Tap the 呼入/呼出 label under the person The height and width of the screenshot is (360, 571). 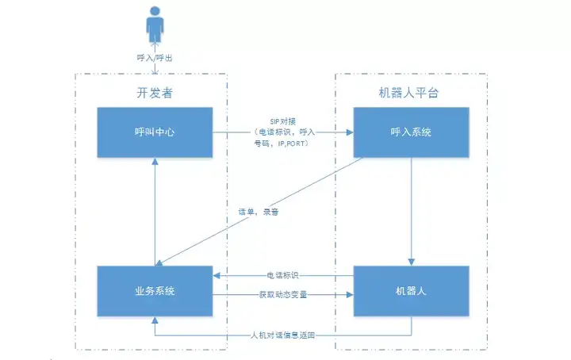point(155,59)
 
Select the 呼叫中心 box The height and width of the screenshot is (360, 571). point(155,132)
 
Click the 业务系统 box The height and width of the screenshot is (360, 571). point(155,291)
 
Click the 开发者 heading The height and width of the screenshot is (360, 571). point(155,94)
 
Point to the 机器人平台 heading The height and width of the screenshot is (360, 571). point(409,94)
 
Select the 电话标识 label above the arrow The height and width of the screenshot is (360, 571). point(284,274)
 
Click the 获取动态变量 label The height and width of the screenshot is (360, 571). point(283,294)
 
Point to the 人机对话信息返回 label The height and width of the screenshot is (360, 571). point(283,335)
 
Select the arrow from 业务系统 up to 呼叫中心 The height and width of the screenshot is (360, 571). point(155,210)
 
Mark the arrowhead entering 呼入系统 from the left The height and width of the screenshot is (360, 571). point(350,132)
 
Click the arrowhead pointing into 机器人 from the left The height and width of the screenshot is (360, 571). point(350,295)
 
